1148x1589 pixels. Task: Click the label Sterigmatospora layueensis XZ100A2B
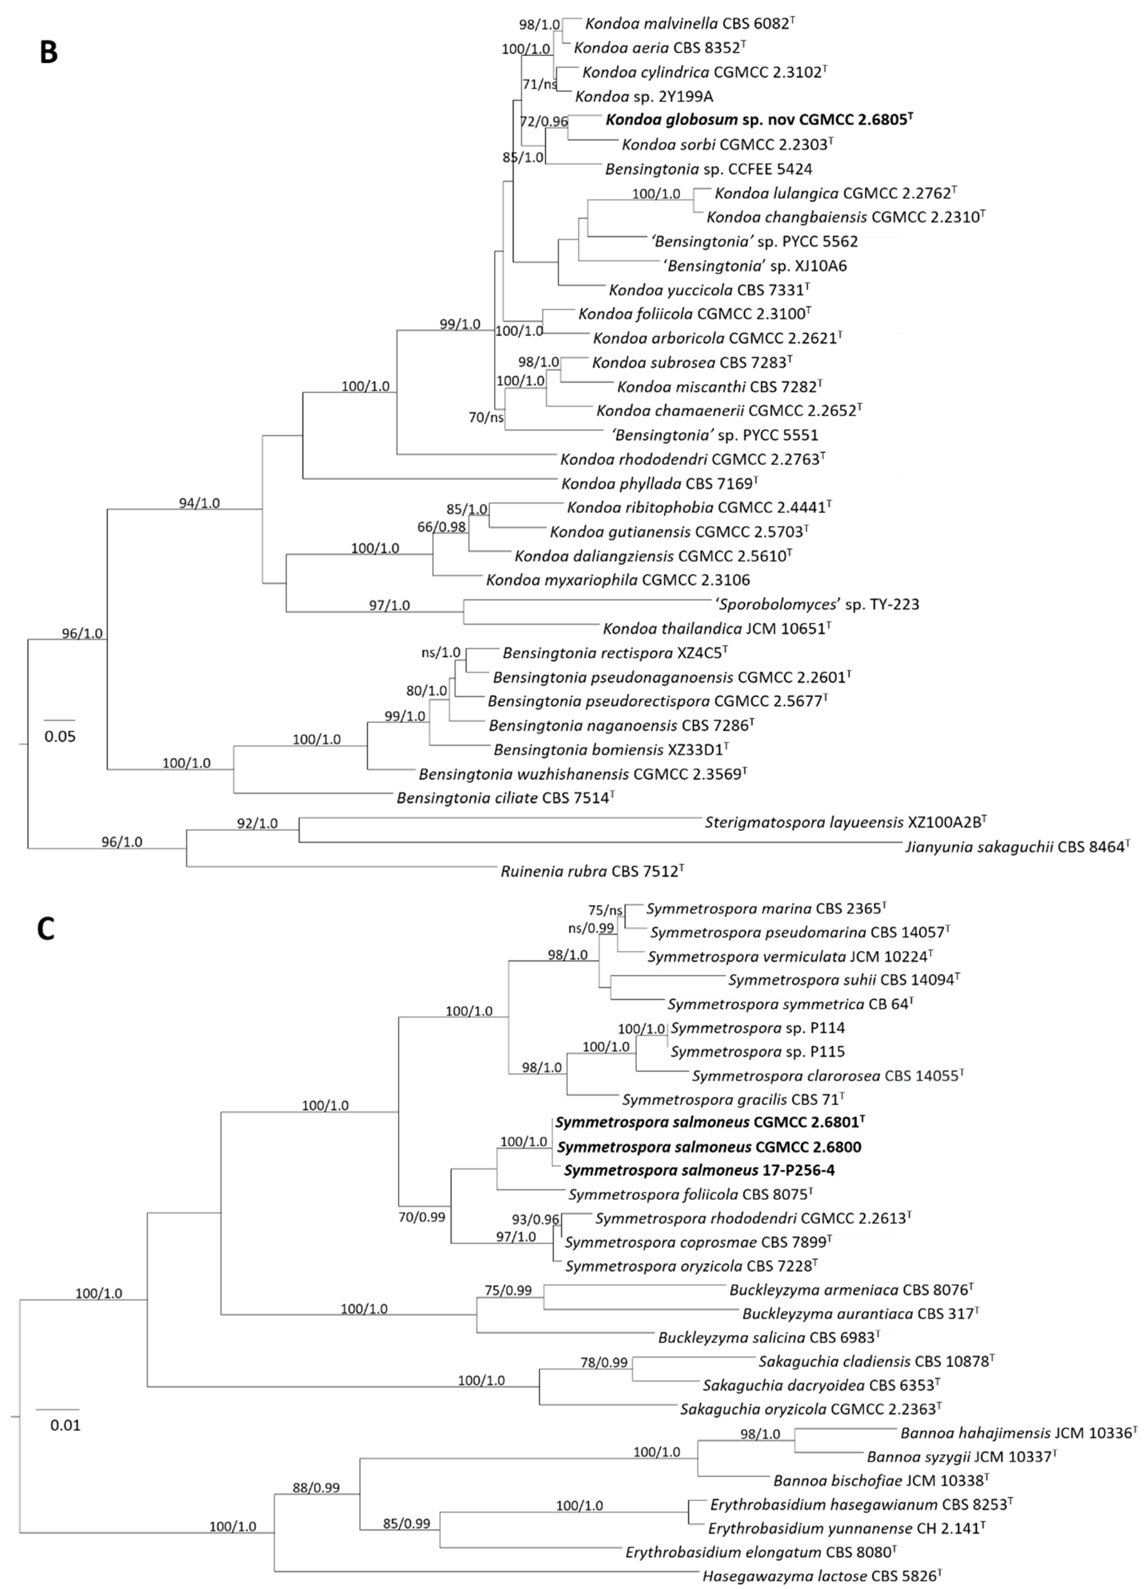tap(846, 823)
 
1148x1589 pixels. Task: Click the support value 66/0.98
tap(441, 527)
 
